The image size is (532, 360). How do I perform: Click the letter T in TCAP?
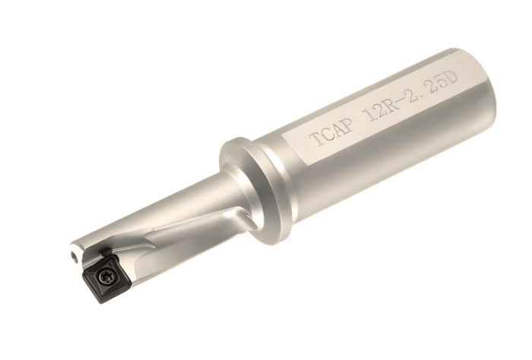tap(317, 137)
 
